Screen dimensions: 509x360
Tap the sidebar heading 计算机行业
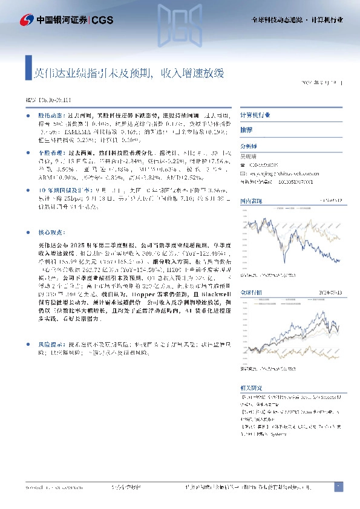255,115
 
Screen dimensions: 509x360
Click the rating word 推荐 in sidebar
247,130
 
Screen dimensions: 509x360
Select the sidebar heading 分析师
249,146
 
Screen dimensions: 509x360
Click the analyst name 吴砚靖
250,155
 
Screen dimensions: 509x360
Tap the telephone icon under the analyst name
243,164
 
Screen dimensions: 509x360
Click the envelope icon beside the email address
243,172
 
